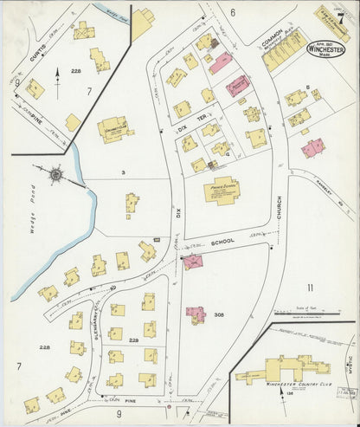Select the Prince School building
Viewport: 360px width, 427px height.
[222, 190]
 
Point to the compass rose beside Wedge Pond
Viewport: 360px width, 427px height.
[55, 174]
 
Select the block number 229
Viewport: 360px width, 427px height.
[133, 341]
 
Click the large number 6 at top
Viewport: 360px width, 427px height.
[234, 12]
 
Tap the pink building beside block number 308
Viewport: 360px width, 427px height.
[196, 314]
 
